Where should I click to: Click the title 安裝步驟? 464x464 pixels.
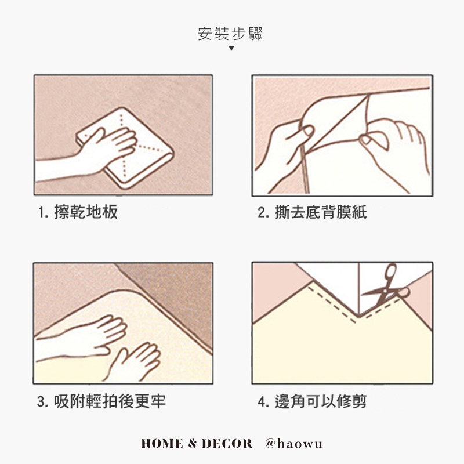point(230,34)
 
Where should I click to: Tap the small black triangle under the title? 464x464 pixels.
point(231,48)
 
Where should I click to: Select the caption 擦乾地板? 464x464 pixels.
point(86,212)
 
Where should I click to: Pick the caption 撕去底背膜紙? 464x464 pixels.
point(321,212)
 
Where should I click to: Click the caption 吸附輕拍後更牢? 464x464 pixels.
point(110,401)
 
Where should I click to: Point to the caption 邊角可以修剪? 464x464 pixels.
point(321,401)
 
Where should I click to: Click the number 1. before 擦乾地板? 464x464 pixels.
point(43,212)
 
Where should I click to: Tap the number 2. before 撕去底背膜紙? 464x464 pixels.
point(263,212)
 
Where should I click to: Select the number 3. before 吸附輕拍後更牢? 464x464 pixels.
point(42,401)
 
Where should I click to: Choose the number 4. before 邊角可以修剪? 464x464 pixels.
point(263,401)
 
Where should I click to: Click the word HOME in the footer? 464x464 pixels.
point(162,444)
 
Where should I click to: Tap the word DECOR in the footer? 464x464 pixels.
point(227,444)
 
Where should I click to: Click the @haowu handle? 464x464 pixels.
point(293,444)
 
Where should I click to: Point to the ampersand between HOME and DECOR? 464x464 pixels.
point(193,444)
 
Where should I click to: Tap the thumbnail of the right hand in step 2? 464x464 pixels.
point(366,139)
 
